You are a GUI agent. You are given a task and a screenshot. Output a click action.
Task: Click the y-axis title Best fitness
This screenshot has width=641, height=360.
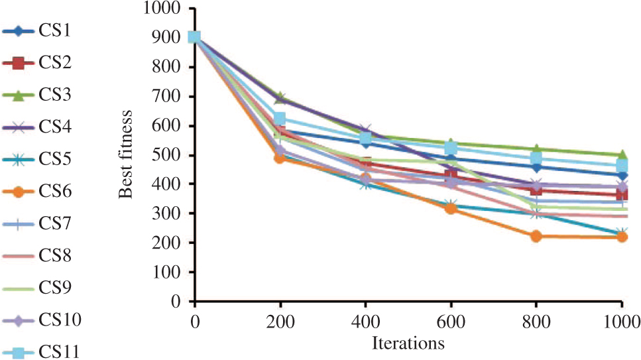click(127, 155)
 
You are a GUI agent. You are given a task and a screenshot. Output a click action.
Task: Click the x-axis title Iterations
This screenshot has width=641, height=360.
click(408, 343)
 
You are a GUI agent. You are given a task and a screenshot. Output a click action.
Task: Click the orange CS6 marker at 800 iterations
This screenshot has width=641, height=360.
click(536, 236)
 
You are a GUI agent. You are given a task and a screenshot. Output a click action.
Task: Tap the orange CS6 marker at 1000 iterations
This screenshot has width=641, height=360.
click(622, 237)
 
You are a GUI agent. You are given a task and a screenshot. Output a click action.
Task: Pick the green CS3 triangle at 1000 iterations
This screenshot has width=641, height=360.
click(622, 155)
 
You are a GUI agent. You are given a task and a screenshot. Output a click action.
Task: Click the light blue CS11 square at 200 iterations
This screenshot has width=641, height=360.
click(280, 119)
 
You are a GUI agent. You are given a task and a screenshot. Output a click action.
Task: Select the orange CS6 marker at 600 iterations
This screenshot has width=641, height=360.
click(451, 208)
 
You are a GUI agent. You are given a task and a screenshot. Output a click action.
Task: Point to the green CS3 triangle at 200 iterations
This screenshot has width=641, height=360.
click(280, 98)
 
